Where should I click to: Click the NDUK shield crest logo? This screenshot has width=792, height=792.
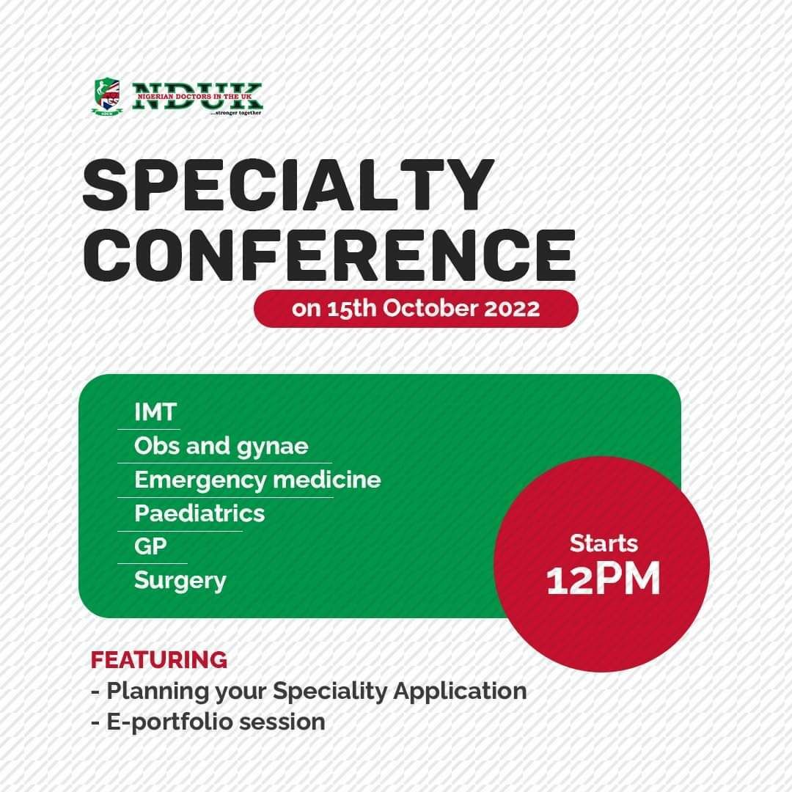pyautogui.click(x=108, y=97)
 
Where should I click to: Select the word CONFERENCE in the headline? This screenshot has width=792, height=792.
pyautogui.click(x=329, y=255)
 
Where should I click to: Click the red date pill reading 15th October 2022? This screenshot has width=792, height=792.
pyautogui.click(x=416, y=309)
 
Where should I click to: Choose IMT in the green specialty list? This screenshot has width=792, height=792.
pyautogui.click(x=155, y=412)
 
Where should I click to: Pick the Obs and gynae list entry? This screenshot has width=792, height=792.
pyautogui.click(x=221, y=447)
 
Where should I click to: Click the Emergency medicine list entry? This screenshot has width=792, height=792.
pyautogui.click(x=257, y=480)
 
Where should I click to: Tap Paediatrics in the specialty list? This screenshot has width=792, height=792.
pyautogui.click(x=199, y=513)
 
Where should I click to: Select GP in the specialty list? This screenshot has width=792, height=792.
pyautogui.click(x=150, y=546)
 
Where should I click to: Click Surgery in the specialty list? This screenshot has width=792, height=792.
pyautogui.click(x=180, y=581)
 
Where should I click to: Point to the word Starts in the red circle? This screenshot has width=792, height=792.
pyautogui.click(x=604, y=543)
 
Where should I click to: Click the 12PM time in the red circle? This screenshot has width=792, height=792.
pyautogui.click(x=604, y=579)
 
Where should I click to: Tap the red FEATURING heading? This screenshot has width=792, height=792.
pyautogui.click(x=159, y=660)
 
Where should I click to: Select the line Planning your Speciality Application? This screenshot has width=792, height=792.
pyautogui.click(x=309, y=691)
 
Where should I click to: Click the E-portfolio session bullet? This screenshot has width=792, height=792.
pyautogui.click(x=208, y=722)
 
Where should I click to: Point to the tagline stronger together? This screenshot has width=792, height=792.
pyautogui.click(x=235, y=113)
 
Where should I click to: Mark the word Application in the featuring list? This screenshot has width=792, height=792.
pyautogui.click(x=460, y=692)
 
